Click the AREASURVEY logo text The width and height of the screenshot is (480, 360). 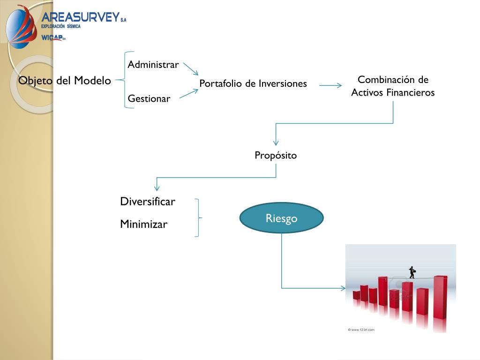click(x=81, y=17)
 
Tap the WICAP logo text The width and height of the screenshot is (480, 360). click(x=52, y=37)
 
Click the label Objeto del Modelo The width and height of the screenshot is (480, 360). click(x=65, y=81)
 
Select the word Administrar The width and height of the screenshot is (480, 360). click(x=153, y=65)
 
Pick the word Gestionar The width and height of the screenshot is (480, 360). click(x=149, y=98)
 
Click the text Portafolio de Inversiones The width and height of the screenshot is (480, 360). click(x=253, y=83)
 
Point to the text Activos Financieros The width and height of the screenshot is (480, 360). click(x=393, y=92)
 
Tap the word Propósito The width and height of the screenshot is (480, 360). click(x=276, y=155)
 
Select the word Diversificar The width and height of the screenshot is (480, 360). click(x=148, y=202)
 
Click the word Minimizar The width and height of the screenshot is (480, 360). click(x=143, y=224)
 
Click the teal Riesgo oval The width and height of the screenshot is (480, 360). click(x=282, y=218)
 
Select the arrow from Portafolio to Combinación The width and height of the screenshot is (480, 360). click(x=331, y=85)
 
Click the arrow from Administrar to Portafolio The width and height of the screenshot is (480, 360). click(x=190, y=69)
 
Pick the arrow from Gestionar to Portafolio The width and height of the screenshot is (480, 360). click(x=189, y=94)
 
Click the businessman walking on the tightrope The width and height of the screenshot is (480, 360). click(x=412, y=272)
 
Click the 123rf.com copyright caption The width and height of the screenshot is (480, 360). click(x=361, y=330)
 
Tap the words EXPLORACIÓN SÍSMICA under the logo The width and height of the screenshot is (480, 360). click(x=61, y=27)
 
